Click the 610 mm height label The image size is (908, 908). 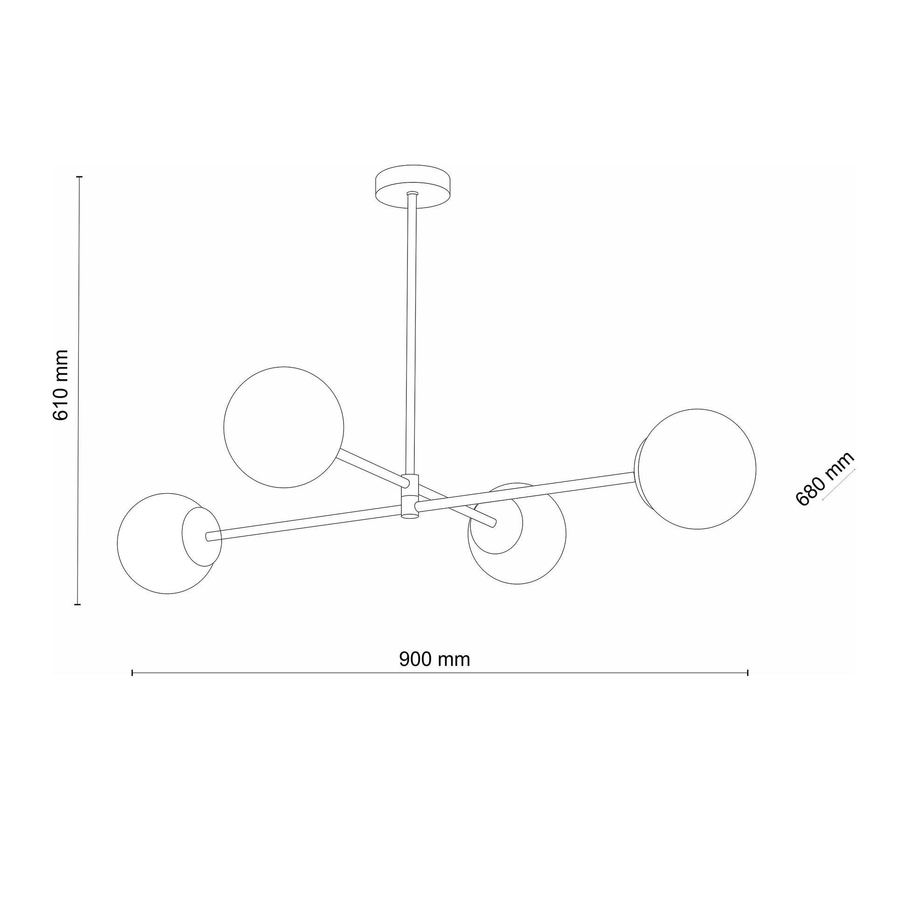coord(61,385)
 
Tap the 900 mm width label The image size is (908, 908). coord(434,659)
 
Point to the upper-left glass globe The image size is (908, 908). coord(283,427)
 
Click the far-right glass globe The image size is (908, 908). coord(695,468)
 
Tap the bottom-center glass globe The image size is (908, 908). coord(517,533)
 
